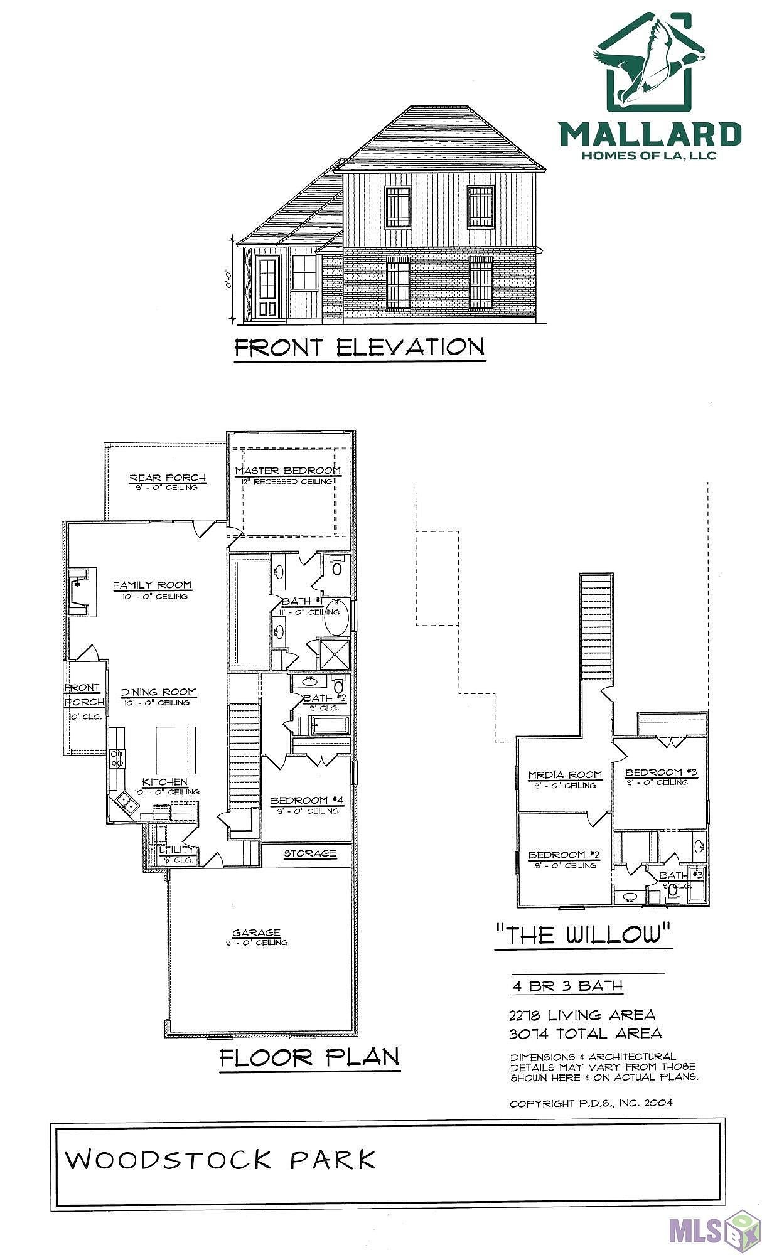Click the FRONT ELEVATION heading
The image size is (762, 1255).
[x=359, y=348]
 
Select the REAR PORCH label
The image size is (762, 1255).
[x=168, y=478]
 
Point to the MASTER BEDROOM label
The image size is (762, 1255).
[x=288, y=471]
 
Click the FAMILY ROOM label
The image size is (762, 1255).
[x=153, y=585]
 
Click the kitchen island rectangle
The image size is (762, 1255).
[x=176, y=750]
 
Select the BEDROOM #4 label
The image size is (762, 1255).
[x=307, y=801]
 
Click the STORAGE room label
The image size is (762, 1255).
[x=310, y=853]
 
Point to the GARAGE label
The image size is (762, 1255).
[x=256, y=932]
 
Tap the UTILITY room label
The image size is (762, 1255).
[x=176, y=850]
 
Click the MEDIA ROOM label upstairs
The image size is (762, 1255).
[x=565, y=775]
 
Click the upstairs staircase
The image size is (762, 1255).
[x=596, y=627]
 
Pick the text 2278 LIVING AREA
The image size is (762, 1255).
[x=582, y=1015]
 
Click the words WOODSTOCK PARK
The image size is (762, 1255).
[x=221, y=1160]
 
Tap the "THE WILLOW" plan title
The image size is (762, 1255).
[x=583, y=935]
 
